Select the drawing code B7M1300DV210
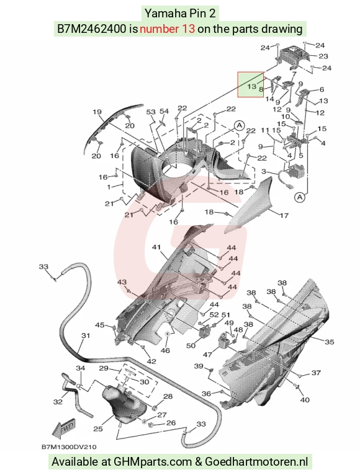point(69,447)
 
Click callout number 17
point(284,216)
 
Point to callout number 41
point(156,247)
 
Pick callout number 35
point(330,342)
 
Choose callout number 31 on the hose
point(86,335)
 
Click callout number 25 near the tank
point(98,428)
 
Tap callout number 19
point(97,112)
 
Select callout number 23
point(323,56)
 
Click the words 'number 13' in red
point(167,29)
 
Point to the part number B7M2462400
point(92,29)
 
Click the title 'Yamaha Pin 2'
point(180,13)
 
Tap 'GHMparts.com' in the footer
point(153,462)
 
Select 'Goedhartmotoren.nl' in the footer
point(256,462)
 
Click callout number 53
point(151,112)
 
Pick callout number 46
point(165,350)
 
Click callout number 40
point(305,400)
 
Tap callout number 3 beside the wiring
point(264,172)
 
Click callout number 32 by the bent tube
point(58,402)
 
